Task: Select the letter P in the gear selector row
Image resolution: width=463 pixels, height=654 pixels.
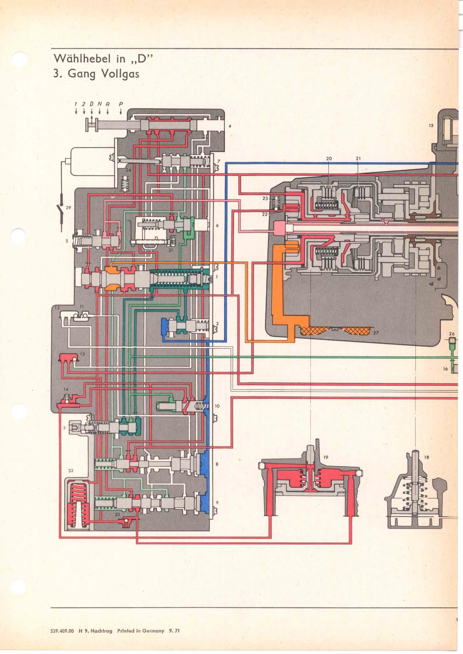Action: pyautogui.click(x=121, y=104)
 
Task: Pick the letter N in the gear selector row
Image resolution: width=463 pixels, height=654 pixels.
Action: pyautogui.click(x=99, y=104)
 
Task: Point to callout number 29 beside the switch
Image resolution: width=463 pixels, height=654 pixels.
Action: pyautogui.click(x=68, y=208)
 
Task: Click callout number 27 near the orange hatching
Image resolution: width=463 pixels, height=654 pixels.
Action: pyautogui.click(x=376, y=332)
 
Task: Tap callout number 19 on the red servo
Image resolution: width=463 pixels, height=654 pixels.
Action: pyautogui.click(x=326, y=457)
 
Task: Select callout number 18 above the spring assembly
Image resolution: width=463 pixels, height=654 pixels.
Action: pyautogui.click(x=427, y=457)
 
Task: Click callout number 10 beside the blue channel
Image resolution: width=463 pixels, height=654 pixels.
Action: pyautogui.click(x=217, y=406)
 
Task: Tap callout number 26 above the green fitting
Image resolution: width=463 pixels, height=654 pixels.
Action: pyautogui.click(x=452, y=334)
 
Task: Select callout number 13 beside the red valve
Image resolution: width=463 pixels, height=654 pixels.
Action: pyautogui.click(x=82, y=354)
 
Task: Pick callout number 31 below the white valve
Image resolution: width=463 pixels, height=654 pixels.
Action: pyautogui.click(x=171, y=250)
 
